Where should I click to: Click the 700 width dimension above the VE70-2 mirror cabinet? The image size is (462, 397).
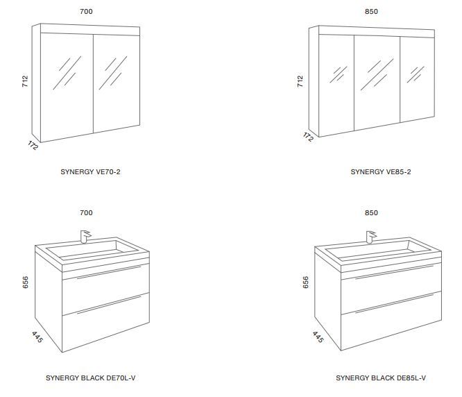pyautogui.click(x=86, y=12)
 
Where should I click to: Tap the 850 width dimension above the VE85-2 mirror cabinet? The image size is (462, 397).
pyautogui.click(x=371, y=12)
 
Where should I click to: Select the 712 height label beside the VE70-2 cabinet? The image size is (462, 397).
pyautogui.click(x=25, y=81)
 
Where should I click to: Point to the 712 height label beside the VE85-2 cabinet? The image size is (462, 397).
pyautogui.click(x=300, y=81)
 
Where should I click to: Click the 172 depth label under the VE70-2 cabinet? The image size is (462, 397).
pyautogui.click(x=33, y=145)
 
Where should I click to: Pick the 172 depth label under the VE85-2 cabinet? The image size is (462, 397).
pyautogui.click(x=308, y=137)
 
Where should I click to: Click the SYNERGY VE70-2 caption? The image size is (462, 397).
pyautogui.click(x=90, y=172)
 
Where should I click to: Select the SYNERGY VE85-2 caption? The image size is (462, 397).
pyautogui.click(x=380, y=172)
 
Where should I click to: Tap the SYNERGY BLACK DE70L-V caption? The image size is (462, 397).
pyautogui.click(x=90, y=378)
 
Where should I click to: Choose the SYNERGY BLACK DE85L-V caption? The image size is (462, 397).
pyautogui.click(x=381, y=378)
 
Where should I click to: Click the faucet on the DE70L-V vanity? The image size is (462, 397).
pyautogui.click(x=85, y=236)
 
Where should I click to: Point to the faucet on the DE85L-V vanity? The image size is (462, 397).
pyautogui.click(x=371, y=237)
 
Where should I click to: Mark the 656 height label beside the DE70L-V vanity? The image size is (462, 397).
pyautogui.click(x=26, y=282)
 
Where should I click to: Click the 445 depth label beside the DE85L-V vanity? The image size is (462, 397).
pyautogui.click(x=318, y=337)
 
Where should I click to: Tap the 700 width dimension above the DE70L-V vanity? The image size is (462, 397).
pyautogui.click(x=86, y=213)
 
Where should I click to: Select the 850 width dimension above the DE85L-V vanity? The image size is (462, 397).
pyautogui.click(x=371, y=213)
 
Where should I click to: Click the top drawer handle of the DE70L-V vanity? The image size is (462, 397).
pyautogui.click(x=109, y=272)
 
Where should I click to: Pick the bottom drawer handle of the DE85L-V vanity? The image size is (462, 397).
pyautogui.click(x=394, y=303)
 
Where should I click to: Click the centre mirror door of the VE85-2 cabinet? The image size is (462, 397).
pyautogui.click(x=377, y=83)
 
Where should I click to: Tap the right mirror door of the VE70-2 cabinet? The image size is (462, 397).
pyautogui.click(x=117, y=83)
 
